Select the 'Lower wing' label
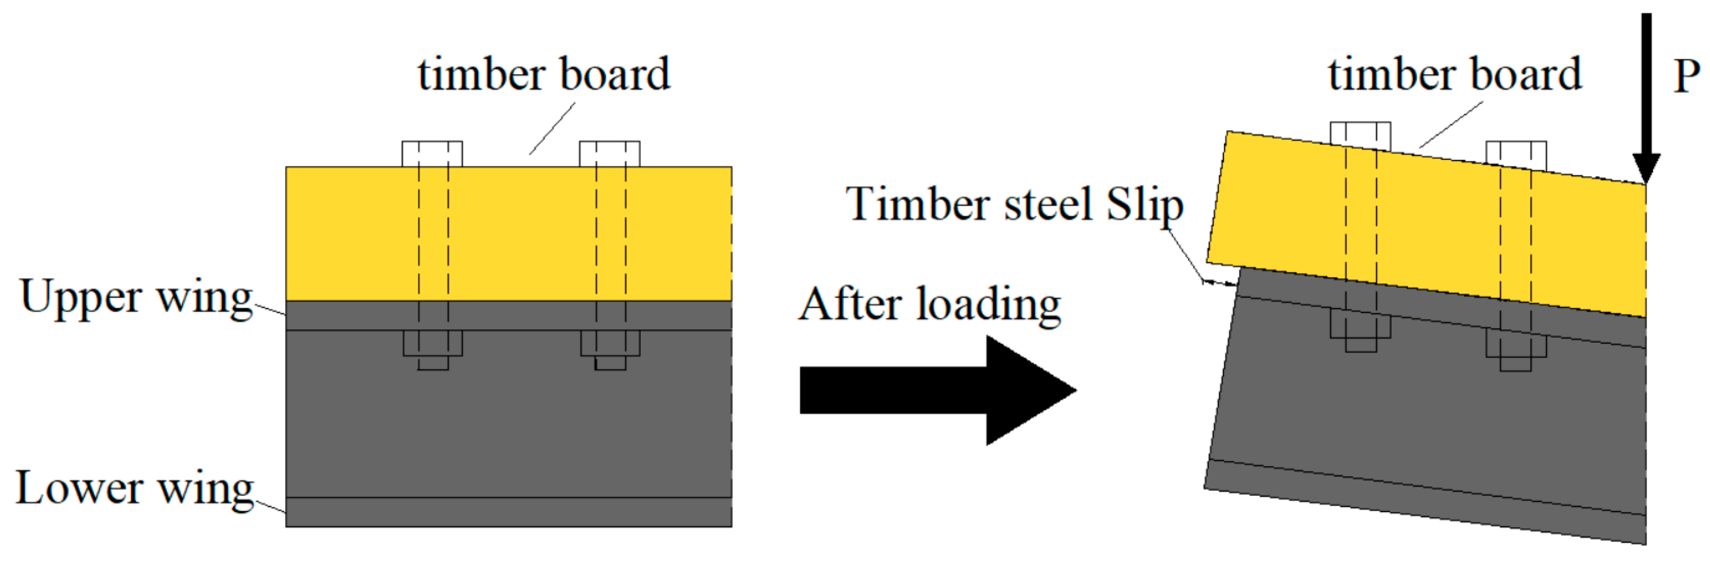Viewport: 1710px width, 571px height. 135,488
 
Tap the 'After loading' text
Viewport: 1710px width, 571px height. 929,305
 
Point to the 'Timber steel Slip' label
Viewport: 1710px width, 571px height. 1014,204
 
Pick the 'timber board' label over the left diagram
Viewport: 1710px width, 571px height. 544,74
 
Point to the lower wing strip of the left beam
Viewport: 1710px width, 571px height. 508,512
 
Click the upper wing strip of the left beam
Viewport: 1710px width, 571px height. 508,315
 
